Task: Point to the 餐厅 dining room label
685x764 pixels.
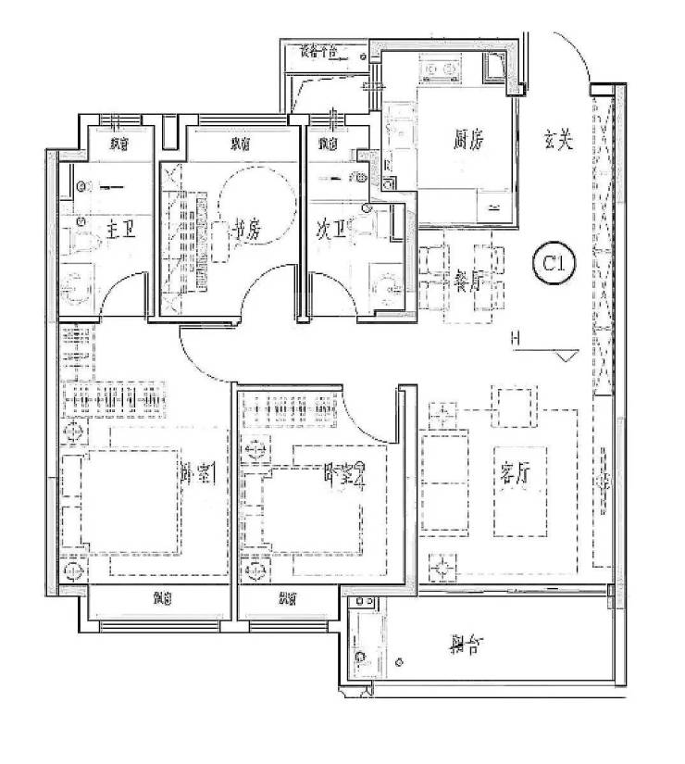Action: click(469, 274)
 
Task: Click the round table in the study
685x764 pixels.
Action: click(259, 194)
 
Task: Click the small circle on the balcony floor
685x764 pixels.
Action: click(399, 663)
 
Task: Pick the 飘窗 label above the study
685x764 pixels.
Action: click(241, 144)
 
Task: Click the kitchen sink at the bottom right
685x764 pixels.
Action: click(492, 203)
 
